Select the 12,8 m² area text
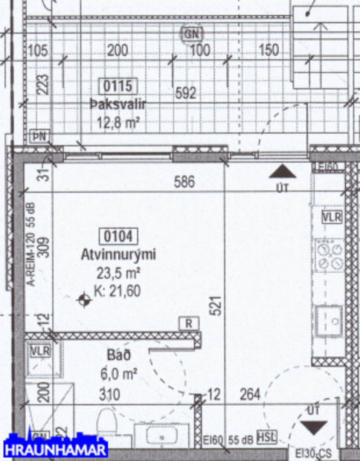click(x=118, y=121)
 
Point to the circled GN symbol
click(x=193, y=33)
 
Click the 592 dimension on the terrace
click(x=186, y=93)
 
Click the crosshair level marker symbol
click(x=84, y=300)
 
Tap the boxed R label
click(x=190, y=323)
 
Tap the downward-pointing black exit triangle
click(x=313, y=427)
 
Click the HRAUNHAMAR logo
click(x=56, y=449)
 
